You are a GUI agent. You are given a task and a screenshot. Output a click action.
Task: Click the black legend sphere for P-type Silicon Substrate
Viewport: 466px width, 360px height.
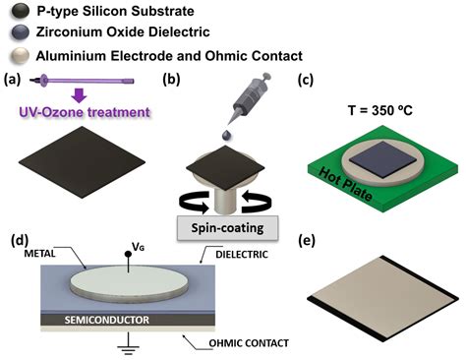tap(20, 12)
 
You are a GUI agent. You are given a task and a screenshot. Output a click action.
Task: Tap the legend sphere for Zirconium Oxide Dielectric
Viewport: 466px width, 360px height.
tap(20, 32)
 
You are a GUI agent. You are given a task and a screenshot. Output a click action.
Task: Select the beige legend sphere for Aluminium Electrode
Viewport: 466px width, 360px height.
tap(20, 56)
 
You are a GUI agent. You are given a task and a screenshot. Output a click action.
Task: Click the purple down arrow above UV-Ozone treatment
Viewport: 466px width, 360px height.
tap(80, 95)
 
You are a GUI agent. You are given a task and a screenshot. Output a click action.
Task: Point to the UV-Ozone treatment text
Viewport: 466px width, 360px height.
tap(85, 112)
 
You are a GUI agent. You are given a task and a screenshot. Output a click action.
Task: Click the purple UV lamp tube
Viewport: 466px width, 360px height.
tap(82, 81)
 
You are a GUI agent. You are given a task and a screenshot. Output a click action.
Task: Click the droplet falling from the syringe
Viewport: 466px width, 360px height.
tap(226, 135)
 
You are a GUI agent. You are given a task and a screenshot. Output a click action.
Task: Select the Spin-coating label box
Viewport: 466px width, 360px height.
tap(227, 228)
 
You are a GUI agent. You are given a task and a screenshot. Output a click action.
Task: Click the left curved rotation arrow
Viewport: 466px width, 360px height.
tap(194, 202)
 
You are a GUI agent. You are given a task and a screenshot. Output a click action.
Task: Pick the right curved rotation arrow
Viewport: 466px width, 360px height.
tap(257, 201)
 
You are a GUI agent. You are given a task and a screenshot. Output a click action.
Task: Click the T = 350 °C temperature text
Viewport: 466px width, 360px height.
tap(380, 110)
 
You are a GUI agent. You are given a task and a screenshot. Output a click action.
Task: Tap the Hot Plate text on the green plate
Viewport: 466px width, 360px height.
tap(346, 184)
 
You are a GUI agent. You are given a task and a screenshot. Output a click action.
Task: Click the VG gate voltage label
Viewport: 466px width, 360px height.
tap(138, 247)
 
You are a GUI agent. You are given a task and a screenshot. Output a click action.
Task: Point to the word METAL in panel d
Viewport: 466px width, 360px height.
tap(40, 254)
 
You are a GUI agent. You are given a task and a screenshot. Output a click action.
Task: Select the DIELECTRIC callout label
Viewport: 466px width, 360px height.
tap(242, 255)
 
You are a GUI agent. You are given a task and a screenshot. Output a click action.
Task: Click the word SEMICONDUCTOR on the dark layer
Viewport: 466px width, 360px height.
tap(107, 320)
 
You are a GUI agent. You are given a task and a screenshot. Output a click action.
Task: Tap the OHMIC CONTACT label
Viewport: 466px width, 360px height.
tap(249, 343)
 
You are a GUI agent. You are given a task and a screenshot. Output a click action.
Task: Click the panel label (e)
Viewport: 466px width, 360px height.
tap(307, 241)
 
